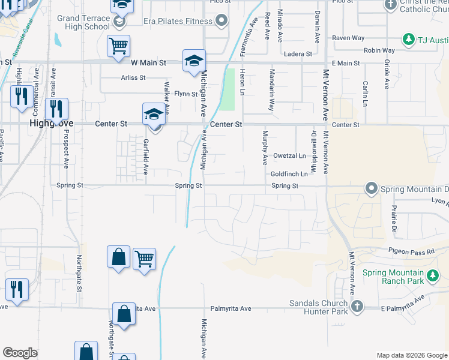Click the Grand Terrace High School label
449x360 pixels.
tap(83, 22)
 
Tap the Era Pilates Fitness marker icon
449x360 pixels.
tap(221, 22)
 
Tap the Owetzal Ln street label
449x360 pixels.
tap(289, 156)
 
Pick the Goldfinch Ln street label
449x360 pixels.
tap(289, 174)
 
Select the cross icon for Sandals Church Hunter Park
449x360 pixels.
tap(357, 307)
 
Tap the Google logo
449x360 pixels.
tap(20, 353)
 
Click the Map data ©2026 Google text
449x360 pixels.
tap(411, 355)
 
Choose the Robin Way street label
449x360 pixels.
tap(379, 51)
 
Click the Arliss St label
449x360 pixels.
tap(133, 78)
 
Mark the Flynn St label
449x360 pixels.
tap(185, 94)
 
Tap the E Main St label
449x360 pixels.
tap(345, 63)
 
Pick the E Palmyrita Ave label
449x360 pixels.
tap(403, 303)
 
